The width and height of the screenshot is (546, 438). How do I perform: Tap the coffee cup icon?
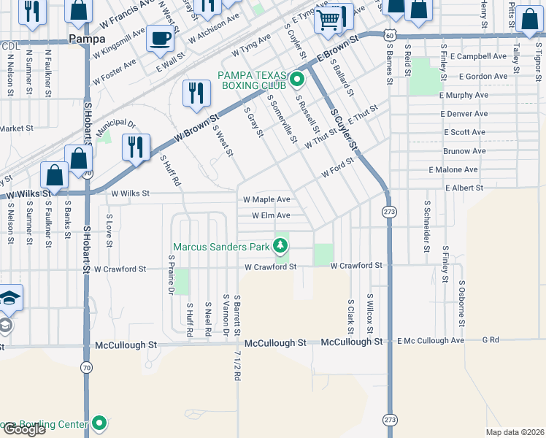pos(160,38)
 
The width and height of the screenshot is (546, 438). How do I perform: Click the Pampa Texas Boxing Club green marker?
pos(297,78)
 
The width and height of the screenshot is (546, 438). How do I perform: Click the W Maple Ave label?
pos(266,199)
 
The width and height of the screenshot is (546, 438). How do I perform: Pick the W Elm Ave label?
pos(271,215)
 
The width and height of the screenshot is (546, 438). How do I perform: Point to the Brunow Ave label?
pos(464,151)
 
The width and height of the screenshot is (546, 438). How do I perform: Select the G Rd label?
pos(490,340)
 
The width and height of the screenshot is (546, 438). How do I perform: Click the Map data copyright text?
pos(515,432)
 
